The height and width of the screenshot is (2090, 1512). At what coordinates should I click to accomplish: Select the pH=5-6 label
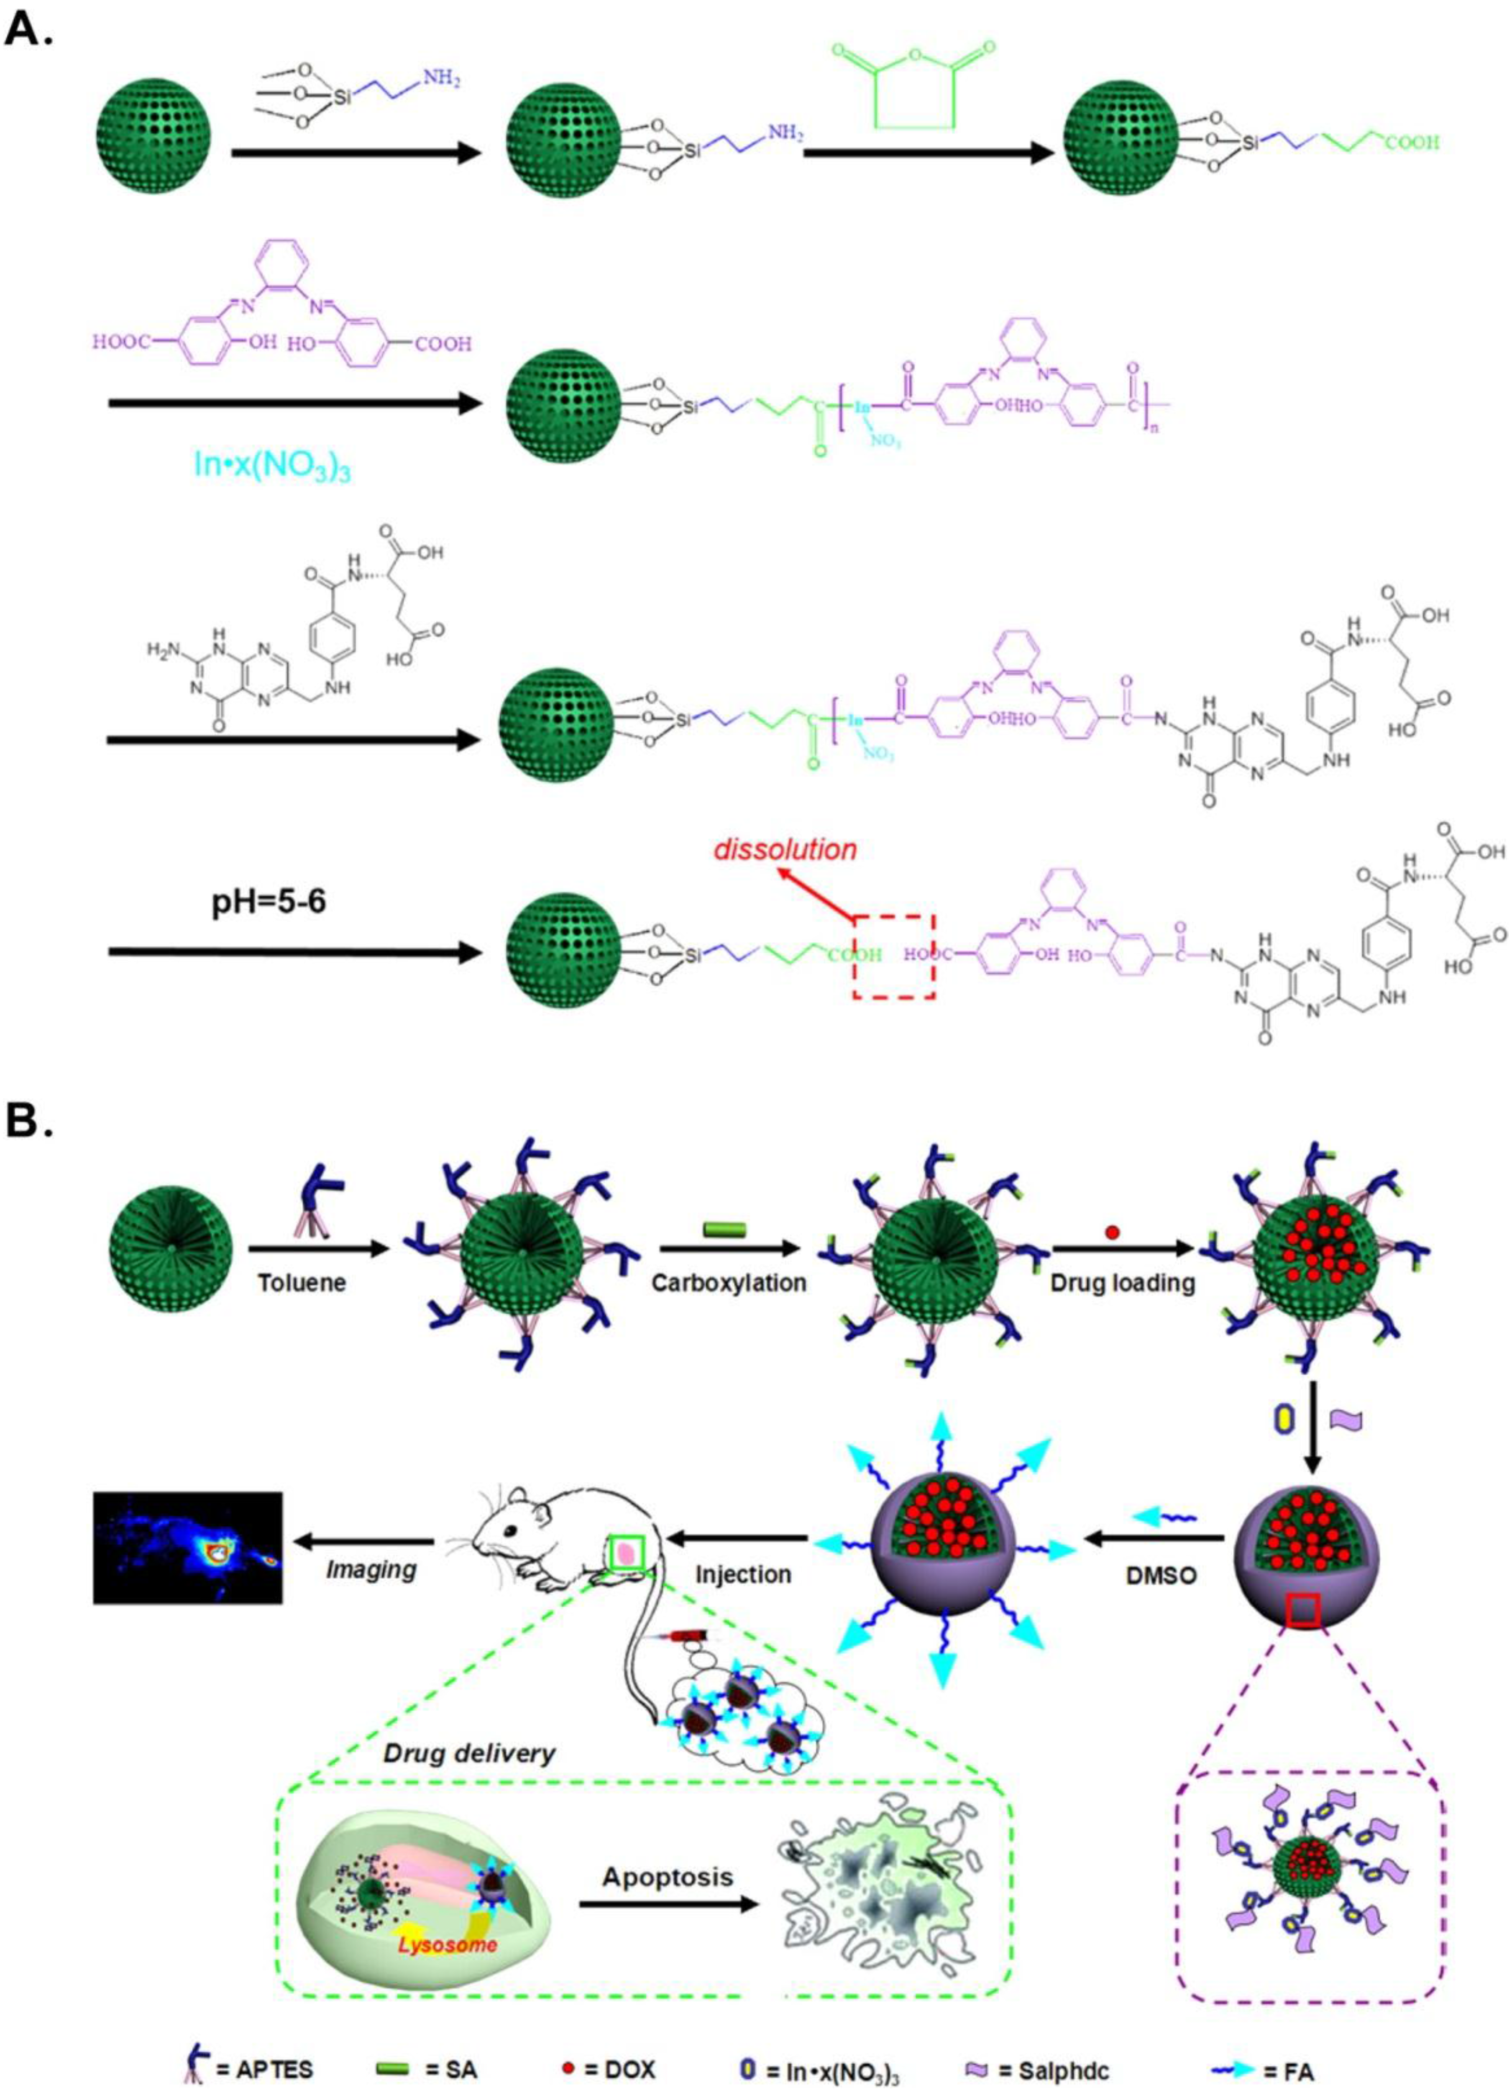click(265, 900)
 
